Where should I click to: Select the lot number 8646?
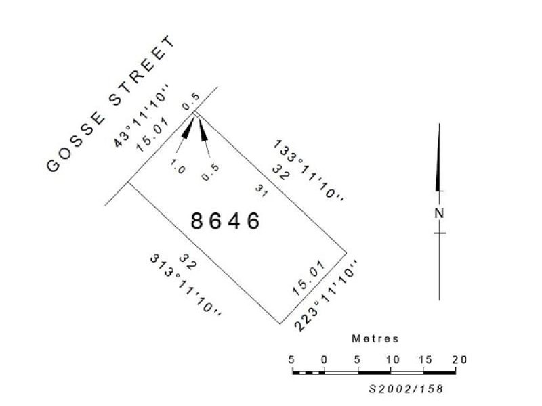[225, 221]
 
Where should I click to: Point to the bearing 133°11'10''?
[310, 171]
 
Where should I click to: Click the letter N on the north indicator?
[440, 212]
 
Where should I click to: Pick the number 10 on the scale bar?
[391, 359]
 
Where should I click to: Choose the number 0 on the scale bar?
[325, 359]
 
